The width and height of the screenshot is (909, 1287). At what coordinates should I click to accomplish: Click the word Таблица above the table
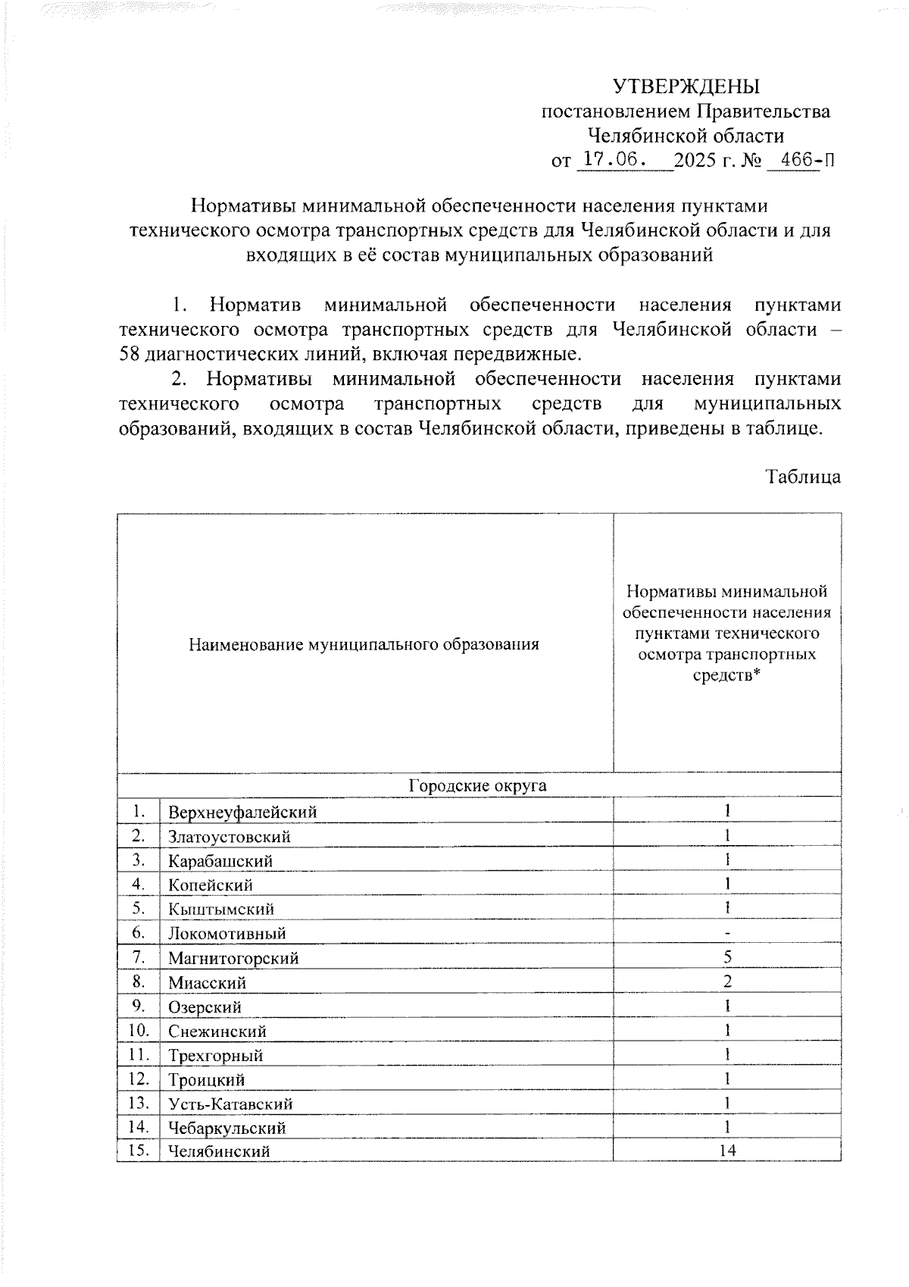pyautogui.click(x=803, y=477)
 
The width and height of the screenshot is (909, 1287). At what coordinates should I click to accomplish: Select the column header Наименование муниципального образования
pyautogui.click(x=364, y=645)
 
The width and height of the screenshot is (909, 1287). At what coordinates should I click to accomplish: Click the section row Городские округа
pyautogui.click(x=478, y=785)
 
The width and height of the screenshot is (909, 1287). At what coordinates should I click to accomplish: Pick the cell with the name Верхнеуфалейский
pyautogui.click(x=242, y=813)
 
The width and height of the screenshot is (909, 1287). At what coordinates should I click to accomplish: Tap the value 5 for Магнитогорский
pyautogui.click(x=727, y=957)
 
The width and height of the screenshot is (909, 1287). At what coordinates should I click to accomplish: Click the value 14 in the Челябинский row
pyautogui.click(x=727, y=1151)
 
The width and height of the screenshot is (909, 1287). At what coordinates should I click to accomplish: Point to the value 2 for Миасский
pyautogui.click(x=727, y=982)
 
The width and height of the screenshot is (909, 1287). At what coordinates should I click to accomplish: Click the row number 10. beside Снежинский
pyautogui.click(x=139, y=1030)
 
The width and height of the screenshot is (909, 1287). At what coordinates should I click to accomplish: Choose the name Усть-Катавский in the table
pyautogui.click(x=230, y=1104)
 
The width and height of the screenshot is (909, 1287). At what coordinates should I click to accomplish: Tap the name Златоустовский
pyautogui.click(x=230, y=837)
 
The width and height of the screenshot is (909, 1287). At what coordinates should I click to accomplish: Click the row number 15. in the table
pyautogui.click(x=139, y=1151)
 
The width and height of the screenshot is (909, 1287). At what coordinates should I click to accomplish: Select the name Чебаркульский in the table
pyautogui.click(x=226, y=1128)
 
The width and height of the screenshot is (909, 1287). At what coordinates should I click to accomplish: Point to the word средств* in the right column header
pyautogui.click(x=726, y=675)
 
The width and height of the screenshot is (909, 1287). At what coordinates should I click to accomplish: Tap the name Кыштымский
pyautogui.click(x=221, y=910)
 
